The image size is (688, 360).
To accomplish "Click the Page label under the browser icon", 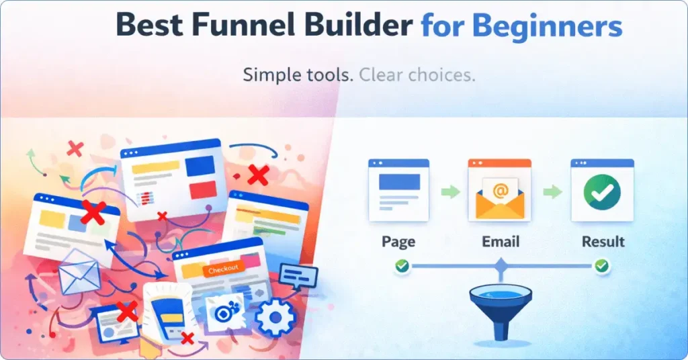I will (398, 242).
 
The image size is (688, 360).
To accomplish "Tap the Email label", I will (500, 242).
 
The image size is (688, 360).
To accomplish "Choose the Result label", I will (602, 242).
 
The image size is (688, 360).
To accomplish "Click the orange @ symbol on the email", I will (500, 191).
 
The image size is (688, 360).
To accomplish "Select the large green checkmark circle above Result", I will (602, 193).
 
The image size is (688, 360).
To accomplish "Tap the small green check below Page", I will (402, 267).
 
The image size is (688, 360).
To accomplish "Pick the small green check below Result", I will (602, 267).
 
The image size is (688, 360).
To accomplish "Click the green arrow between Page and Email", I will (449, 192).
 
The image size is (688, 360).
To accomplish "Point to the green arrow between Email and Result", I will (552, 192).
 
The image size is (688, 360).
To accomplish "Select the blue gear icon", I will (276, 317).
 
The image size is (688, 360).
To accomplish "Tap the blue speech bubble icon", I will (298, 275).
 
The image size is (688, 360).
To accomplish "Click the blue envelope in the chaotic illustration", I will (79, 272).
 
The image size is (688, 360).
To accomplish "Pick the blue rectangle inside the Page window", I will (399, 181).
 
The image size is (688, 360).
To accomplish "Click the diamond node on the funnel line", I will (500, 268).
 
